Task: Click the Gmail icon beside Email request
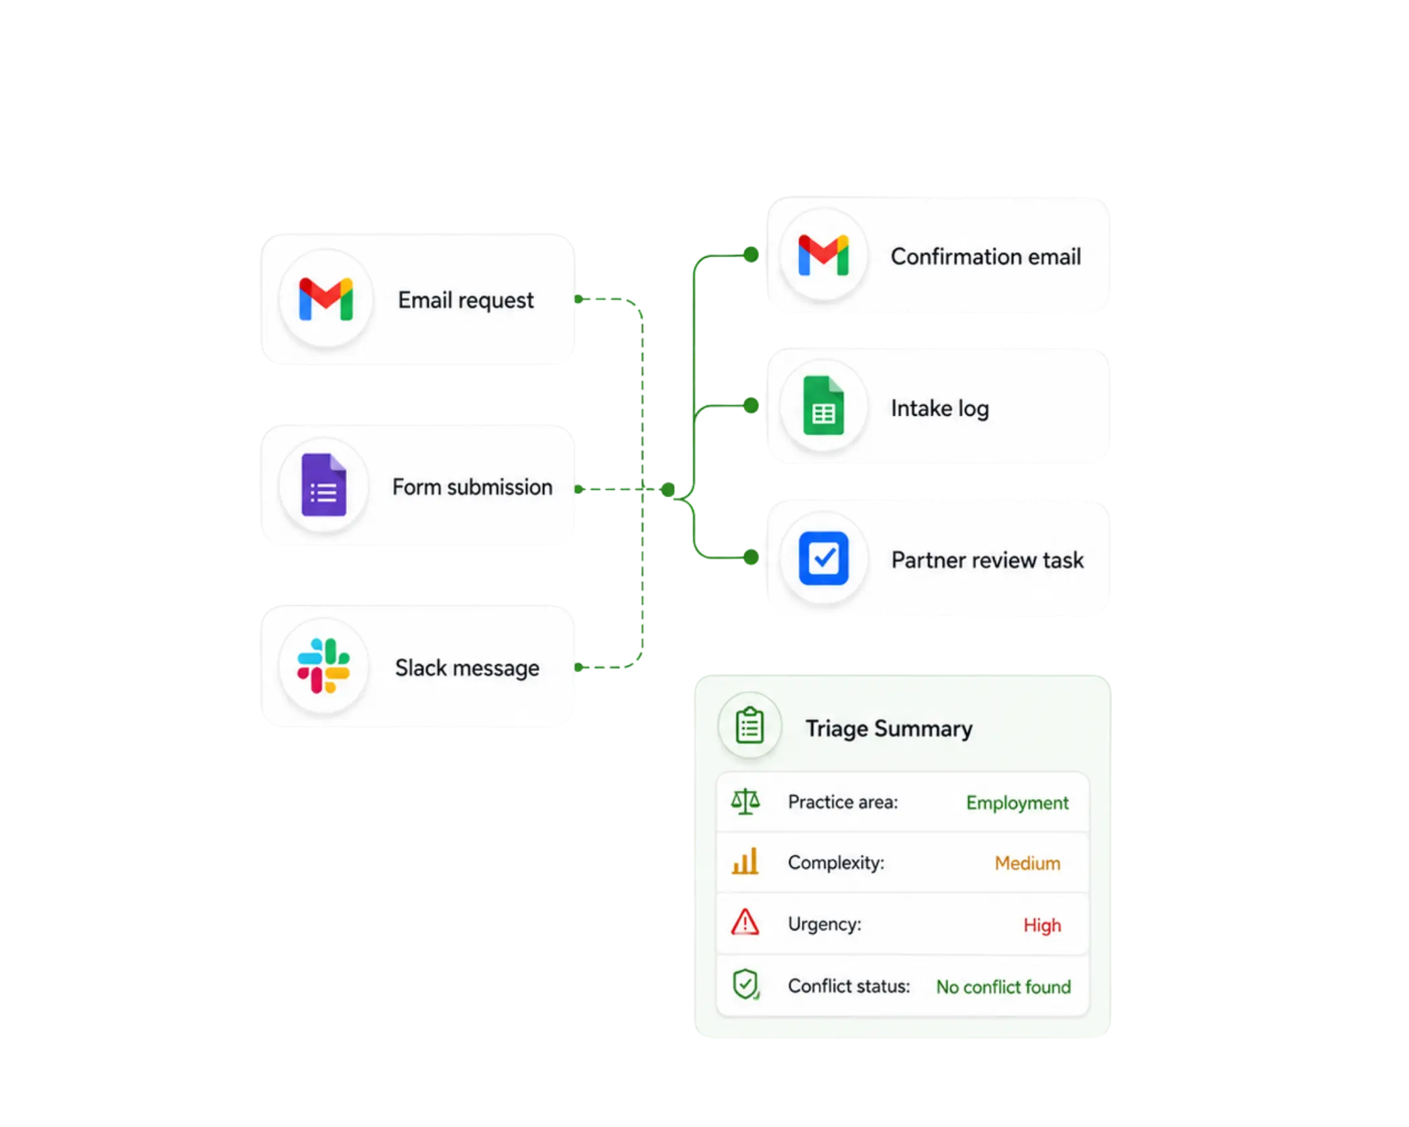click(x=326, y=299)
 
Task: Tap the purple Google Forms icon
click(x=324, y=485)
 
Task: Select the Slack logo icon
click(x=323, y=665)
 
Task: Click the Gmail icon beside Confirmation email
click(x=823, y=255)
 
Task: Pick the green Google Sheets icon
click(x=823, y=406)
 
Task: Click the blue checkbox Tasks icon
click(x=823, y=558)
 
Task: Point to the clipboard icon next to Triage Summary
click(x=749, y=725)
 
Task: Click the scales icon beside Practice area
click(x=745, y=802)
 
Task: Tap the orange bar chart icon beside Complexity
click(x=745, y=861)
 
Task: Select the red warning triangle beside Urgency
click(x=745, y=922)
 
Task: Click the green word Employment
click(x=1017, y=803)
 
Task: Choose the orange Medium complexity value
click(x=1027, y=863)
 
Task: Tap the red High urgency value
click(x=1042, y=925)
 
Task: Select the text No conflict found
click(x=1004, y=987)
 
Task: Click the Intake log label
click(x=939, y=409)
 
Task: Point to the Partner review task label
click(x=987, y=560)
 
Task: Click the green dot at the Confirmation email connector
click(x=751, y=255)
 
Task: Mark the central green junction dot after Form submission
click(x=668, y=490)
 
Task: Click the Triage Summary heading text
click(x=889, y=729)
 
